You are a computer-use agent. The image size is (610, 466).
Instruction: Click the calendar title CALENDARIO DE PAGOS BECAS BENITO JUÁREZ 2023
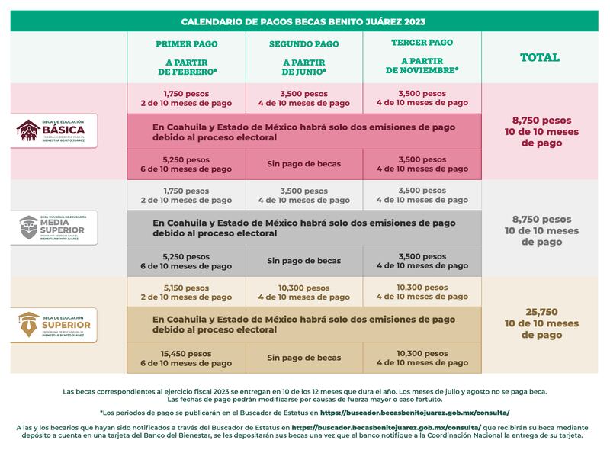[305, 21]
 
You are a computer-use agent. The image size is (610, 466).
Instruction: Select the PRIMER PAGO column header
[187, 44]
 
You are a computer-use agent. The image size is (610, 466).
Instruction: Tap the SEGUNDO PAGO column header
[304, 44]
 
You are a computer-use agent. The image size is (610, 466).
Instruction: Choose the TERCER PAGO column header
[422, 43]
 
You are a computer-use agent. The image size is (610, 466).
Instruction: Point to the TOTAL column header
[539, 57]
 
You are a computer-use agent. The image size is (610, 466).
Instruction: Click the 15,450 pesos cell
[187, 358]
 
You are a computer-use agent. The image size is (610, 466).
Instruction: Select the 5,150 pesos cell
[187, 292]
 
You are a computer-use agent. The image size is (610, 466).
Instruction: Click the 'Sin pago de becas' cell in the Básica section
[304, 164]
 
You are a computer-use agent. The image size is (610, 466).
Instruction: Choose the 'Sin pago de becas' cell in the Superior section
[304, 358]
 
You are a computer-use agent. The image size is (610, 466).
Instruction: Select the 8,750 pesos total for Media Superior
[541, 230]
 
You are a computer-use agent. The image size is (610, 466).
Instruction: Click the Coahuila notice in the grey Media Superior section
[304, 228]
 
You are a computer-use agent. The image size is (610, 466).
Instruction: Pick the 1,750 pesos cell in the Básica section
[187, 98]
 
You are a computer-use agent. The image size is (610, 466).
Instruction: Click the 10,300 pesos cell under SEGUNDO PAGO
[304, 292]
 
